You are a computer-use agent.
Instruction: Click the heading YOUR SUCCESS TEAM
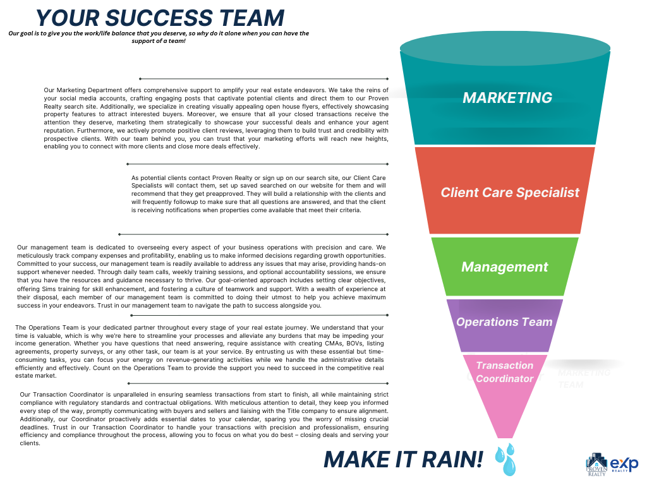(x=160, y=17)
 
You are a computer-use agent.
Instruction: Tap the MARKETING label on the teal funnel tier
(x=507, y=98)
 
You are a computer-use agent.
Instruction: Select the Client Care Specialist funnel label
(x=509, y=192)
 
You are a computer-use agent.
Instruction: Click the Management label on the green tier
(x=504, y=266)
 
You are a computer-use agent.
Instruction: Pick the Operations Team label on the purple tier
(x=504, y=321)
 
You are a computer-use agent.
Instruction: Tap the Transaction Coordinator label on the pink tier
(x=504, y=372)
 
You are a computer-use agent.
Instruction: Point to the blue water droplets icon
(x=505, y=459)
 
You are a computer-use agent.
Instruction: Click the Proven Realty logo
(x=596, y=465)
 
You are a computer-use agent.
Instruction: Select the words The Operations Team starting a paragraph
(x=44, y=328)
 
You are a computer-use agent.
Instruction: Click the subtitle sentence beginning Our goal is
(x=159, y=37)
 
